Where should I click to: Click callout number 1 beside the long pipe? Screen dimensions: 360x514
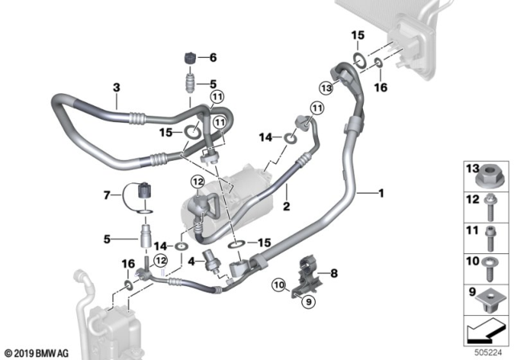click(x=381, y=193)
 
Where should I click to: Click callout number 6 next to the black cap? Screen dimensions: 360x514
click(x=213, y=58)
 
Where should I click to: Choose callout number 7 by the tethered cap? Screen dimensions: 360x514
click(x=108, y=195)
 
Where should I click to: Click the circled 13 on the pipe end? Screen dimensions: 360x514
click(x=325, y=87)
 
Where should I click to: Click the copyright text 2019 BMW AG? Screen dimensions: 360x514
click(x=35, y=352)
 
